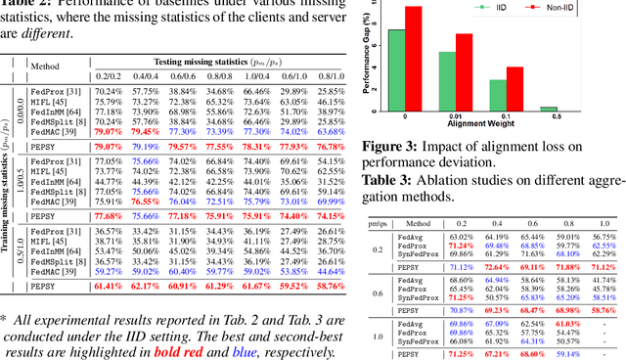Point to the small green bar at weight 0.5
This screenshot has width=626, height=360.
[x=549, y=109]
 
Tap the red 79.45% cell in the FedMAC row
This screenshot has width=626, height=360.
[x=146, y=130]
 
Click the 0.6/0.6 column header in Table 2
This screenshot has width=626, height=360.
[x=183, y=74]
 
